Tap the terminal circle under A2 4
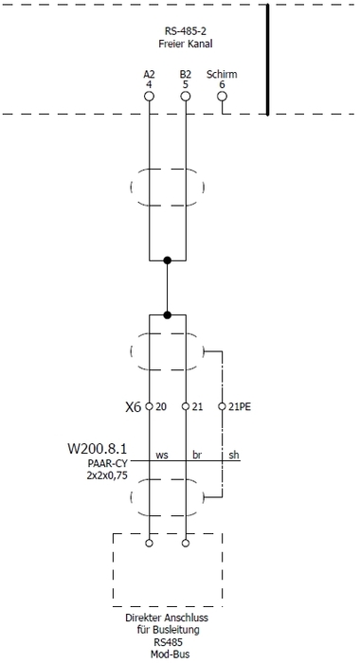coord(150,97)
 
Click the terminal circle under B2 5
coord(186,97)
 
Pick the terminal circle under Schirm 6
coord(223,97)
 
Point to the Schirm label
coord(222,74)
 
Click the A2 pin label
coord(150,74)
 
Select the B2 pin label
coord(185,74)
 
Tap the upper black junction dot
coord(168,260)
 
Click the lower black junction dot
coord(168,315)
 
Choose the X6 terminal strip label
coord(133,406)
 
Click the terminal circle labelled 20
coord(150,406)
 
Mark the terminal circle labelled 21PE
coord(223,406)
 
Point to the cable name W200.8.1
coord(98,446)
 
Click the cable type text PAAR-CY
coord(106,462)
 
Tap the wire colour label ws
coord(162,456)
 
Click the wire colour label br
coord(198,456)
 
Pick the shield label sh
coord(234,456)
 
